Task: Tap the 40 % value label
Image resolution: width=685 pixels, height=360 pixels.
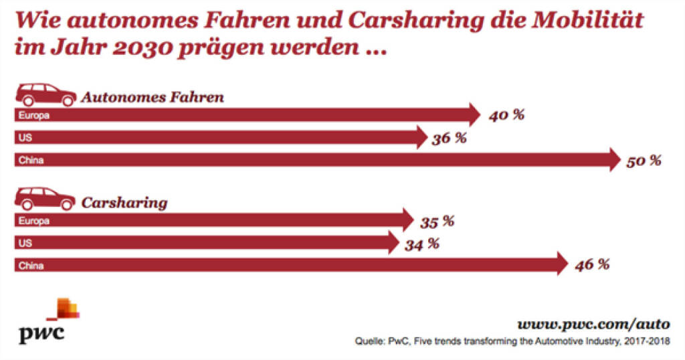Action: pyautogui.click(x=506, y=116)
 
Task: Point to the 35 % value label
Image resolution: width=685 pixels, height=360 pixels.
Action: pyautogui.click(x=436, y=221)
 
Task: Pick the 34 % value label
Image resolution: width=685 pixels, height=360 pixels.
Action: pyautogui.click(x=421, y=244)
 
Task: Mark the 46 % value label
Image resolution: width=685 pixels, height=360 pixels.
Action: pyautogui.click(x=591, y=265)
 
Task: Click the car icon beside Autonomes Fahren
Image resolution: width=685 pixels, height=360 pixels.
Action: pyautogui.click(x=45, y=95)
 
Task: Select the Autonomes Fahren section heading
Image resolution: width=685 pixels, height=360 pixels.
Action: pyautogui.click(x=153, y=98)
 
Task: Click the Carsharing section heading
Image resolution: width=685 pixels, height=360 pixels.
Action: pyautogui.click(x=124, y=203)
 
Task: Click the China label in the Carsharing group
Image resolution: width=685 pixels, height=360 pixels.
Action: pyautogui.click(x=31, y=266)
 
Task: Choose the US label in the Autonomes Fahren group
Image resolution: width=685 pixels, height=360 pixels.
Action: pyautogui.click(x=25, y=138)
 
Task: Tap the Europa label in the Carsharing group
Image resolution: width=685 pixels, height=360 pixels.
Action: pyautogui.click(x=35, y=221)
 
